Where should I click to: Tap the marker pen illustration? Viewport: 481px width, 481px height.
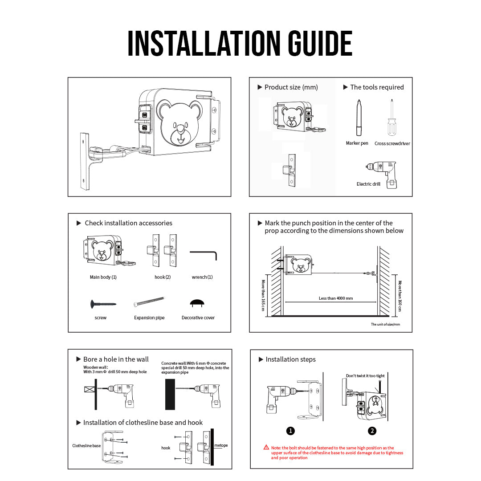359,118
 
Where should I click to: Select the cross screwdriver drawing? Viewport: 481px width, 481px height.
391,118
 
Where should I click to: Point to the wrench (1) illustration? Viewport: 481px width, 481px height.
204,255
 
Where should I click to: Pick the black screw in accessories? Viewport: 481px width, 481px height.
103,304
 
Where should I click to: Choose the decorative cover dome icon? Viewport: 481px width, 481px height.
197,303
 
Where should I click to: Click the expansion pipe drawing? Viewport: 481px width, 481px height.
149,302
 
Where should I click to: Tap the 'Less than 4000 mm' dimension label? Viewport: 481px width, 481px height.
336,298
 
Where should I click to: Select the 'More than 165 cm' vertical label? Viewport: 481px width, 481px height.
263,295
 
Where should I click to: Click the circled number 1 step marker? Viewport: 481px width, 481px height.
290,431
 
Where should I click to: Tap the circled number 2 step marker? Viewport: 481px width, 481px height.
372,431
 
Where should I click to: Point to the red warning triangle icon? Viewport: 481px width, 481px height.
266,448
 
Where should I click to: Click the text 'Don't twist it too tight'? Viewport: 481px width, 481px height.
365,376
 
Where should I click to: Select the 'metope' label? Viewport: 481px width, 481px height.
221,445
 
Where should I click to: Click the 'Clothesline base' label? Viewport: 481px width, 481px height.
86,446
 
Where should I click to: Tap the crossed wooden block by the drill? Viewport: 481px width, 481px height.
89,389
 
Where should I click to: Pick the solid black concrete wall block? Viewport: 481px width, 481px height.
170,395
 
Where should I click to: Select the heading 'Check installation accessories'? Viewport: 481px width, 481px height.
129,223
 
